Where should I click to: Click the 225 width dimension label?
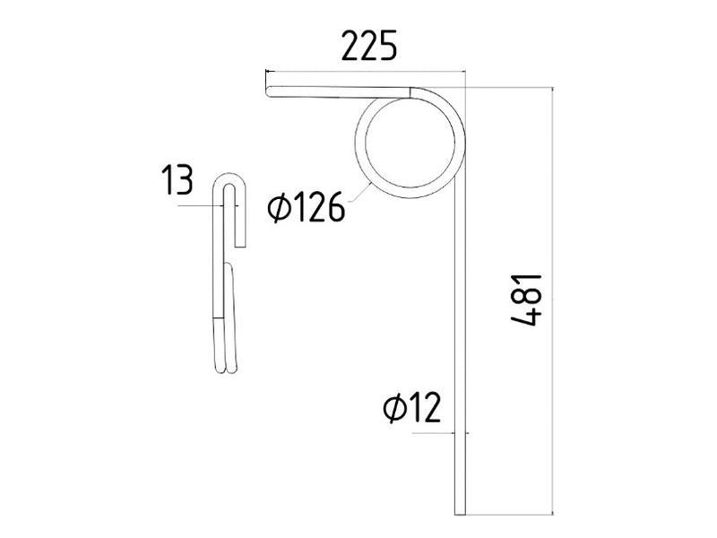click(368, 47)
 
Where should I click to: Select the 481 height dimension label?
click(525, 299)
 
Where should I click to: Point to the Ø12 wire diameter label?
click(412, 409)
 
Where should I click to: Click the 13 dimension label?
click(177, 182)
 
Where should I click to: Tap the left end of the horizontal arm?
click(269, 90)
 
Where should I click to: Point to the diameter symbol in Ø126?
click(279, 210)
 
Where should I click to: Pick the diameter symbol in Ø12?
click(393, 409)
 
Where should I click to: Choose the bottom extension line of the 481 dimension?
click(511, 515)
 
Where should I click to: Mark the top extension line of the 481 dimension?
click(511, 87)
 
